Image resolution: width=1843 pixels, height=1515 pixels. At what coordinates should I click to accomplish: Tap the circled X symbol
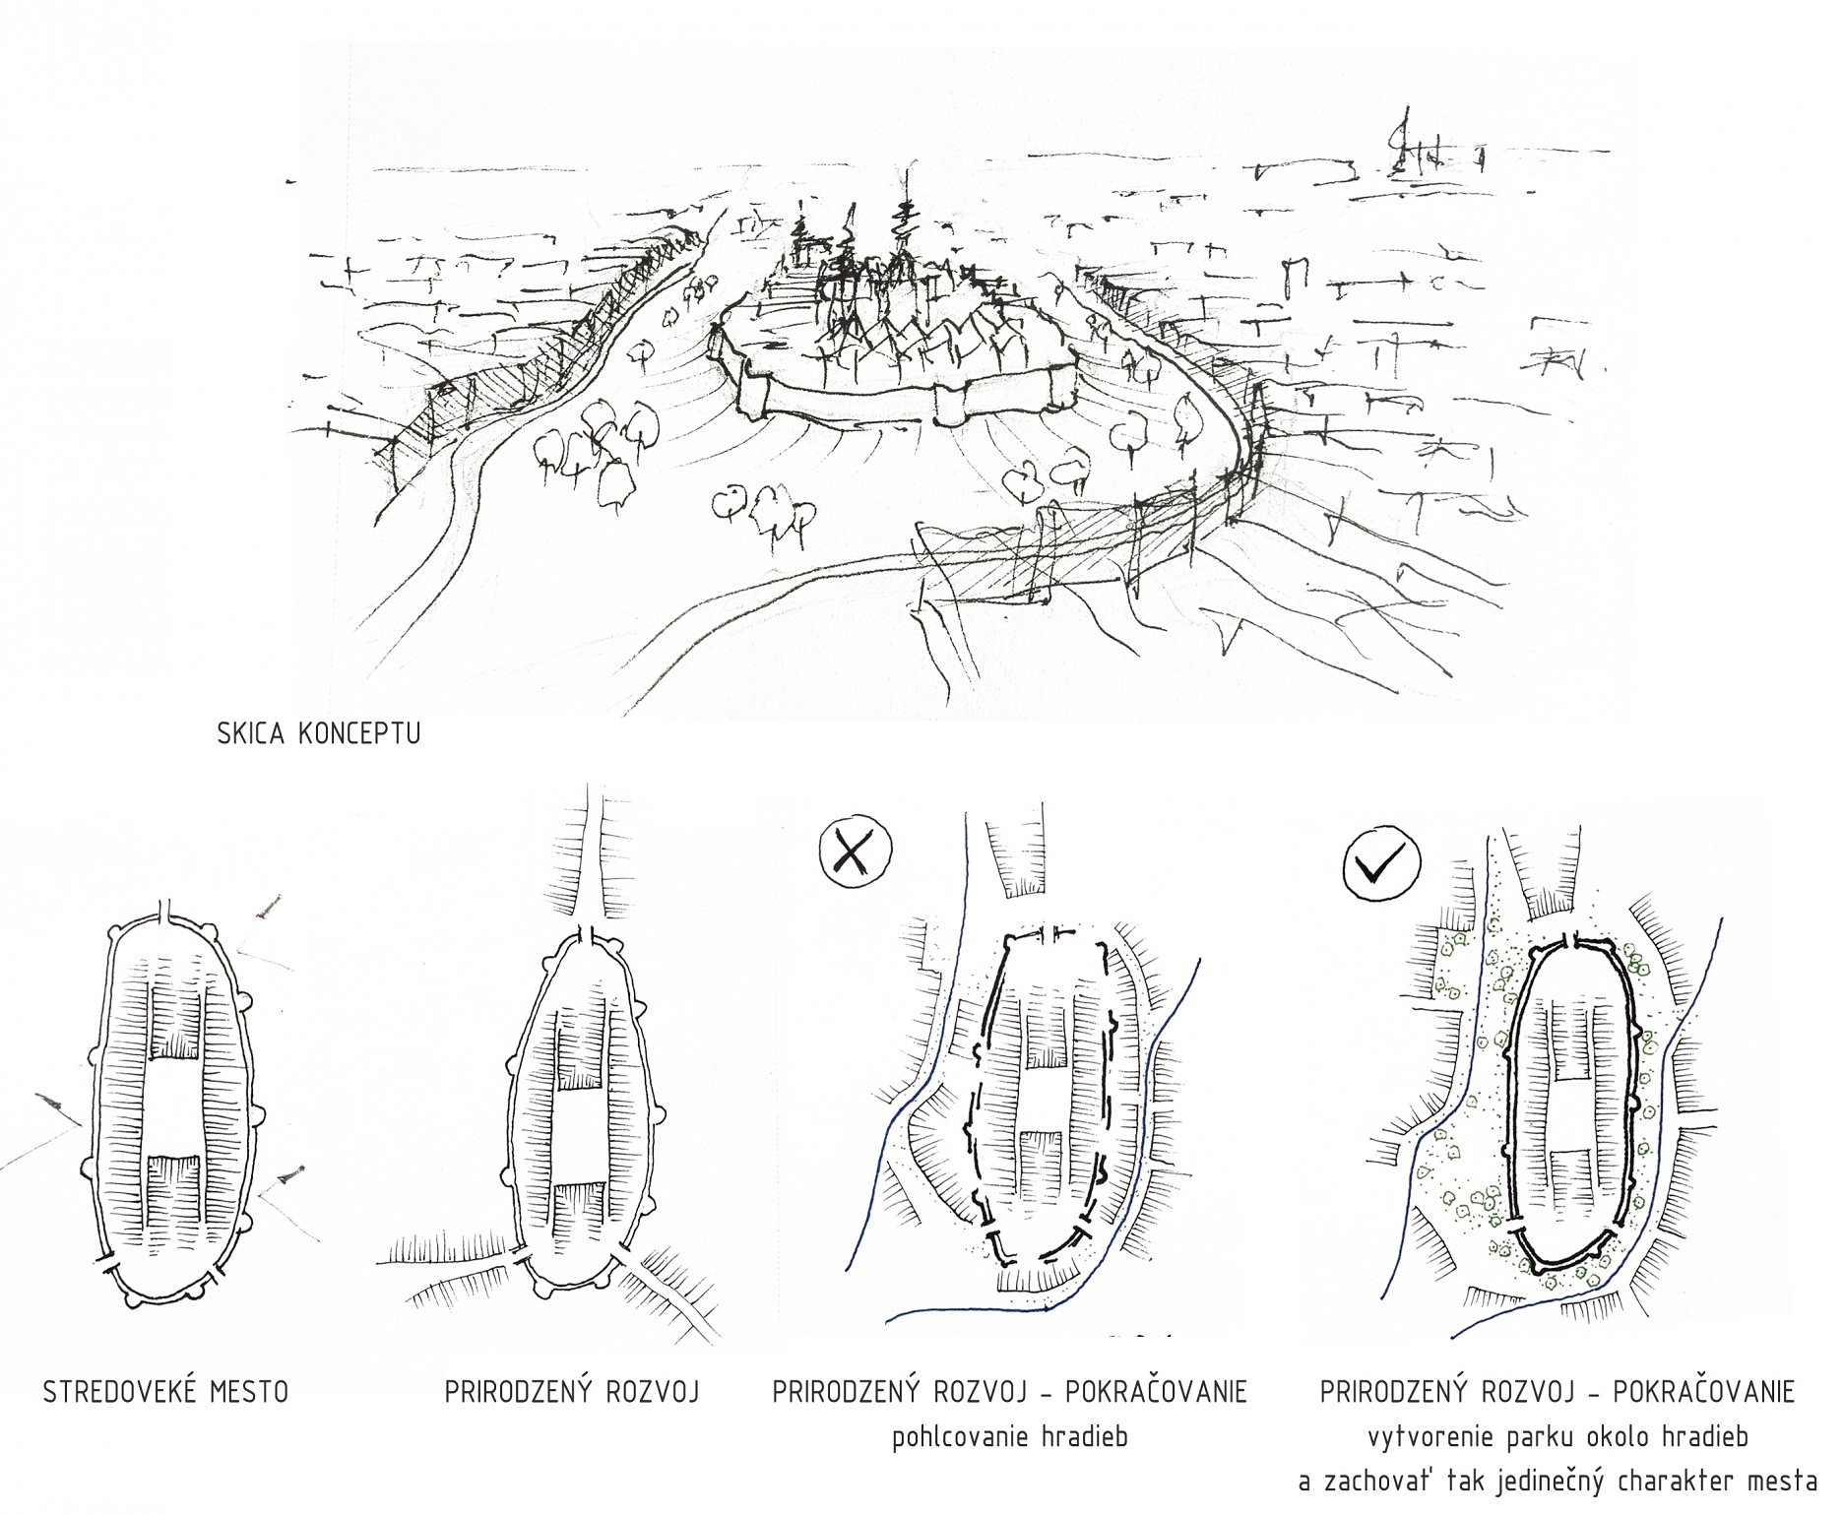[855, 848]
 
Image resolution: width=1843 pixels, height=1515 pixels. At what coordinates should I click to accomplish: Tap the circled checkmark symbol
[1381, 864]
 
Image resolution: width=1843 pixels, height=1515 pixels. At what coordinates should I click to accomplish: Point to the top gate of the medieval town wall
[168, 910]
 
